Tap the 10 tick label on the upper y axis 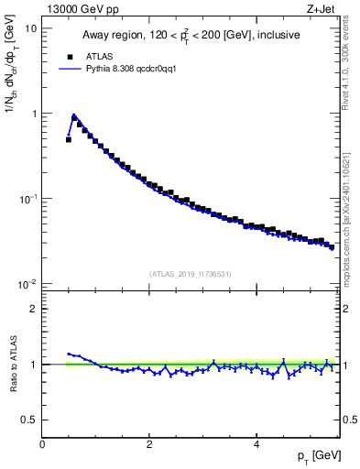pos(31,28)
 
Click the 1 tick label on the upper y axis pos(34,114)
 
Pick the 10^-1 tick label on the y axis pos(29,198)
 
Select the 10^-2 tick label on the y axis pos(29,283)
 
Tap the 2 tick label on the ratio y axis pos(34,309)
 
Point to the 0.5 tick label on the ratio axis pos(30,420)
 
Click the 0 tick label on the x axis pos(42,444)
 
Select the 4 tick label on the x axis pos(256,444)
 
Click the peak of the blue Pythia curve pos(74,115)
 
